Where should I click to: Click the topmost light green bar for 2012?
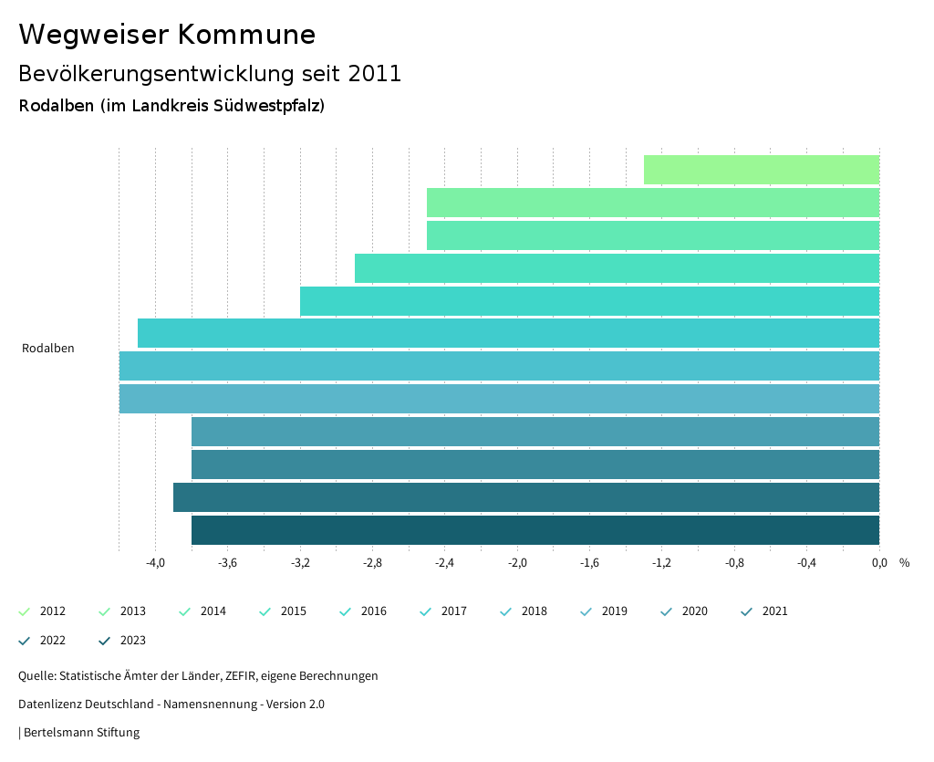pos(761,170)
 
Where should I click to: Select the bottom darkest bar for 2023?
pos(534,530)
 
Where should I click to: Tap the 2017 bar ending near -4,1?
pos(508,333)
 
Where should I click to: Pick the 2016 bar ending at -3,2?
pos(589,301)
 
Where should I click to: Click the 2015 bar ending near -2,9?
pos(617,268)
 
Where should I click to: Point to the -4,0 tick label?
pos(155,563)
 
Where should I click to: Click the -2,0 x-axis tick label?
pos(517,563)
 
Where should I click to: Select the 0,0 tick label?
pos(878,563)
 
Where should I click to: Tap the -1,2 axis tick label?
pos(661,563)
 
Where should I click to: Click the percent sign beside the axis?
pos(904,563)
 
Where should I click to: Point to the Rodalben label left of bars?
pos(47,349)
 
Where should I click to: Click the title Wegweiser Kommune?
pos(167,35)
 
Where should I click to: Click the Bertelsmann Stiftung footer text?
pos(81,733)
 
